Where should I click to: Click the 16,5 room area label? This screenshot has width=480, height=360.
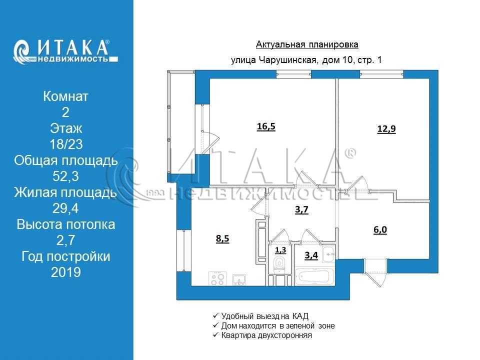[266, 126]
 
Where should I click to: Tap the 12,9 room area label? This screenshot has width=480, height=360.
[386, 129]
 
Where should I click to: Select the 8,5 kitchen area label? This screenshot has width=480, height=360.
[222, 238]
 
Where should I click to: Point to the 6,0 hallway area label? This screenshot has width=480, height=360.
[380, 229]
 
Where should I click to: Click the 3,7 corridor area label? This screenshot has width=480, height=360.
[301, 209]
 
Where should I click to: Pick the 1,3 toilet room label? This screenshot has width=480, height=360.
[280, 250]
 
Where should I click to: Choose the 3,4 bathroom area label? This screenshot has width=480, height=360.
[311, 255]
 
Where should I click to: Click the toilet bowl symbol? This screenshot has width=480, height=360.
[279, 264]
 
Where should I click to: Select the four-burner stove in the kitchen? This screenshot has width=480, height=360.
[217, 278]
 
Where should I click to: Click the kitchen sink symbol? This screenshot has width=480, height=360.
[239, 280]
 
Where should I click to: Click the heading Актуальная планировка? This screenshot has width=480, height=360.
[307, 44]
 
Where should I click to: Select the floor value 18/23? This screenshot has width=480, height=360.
[66, 144]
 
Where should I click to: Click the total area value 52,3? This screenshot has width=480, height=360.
[66, 176]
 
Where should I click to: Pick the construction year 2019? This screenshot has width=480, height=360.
[66, 272]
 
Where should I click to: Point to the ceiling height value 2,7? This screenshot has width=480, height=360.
[66, 240]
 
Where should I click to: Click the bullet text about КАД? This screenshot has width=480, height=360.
[265, 316]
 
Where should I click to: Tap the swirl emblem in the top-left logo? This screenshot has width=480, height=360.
[21, 51]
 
